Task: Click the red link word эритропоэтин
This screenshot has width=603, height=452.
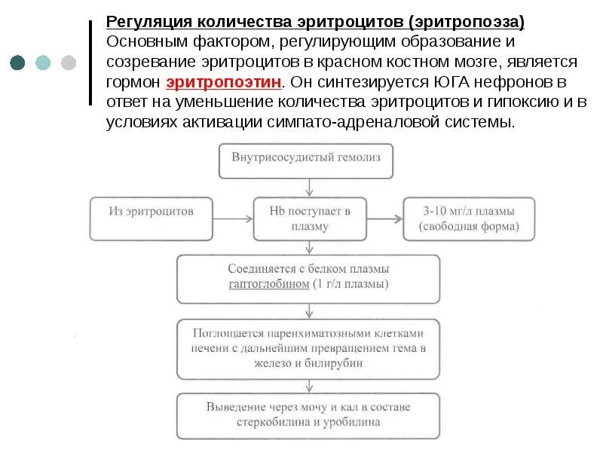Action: (x=225, y=81)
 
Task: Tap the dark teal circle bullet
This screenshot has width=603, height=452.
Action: (x=17, y=62)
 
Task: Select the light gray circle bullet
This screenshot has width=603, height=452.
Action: (x=69, y=62)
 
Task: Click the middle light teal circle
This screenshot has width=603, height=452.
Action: (x=43, y=62)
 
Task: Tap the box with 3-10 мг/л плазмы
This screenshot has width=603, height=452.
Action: (x=468, y=219)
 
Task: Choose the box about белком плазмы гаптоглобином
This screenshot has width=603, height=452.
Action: (x=308, y=278)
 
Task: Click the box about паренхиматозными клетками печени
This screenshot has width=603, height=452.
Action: (x=308, y=349)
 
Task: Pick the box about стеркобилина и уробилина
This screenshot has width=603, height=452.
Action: (x=308, y=415)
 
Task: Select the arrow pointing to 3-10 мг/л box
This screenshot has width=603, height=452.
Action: (x=382, y=219)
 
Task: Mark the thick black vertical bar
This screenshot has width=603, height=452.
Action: (x=91, y=60)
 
